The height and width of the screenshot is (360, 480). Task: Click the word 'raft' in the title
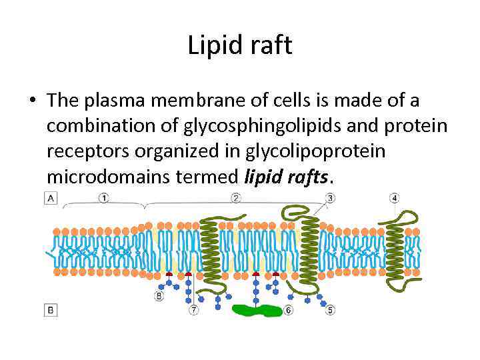[271, 46]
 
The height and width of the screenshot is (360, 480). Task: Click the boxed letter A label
[49, 198]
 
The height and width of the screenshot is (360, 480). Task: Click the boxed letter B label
[49, 310]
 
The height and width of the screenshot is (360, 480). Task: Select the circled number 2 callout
[235, 198]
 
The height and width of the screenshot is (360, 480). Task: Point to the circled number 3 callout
[330, 198]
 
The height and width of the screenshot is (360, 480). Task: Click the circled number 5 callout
[329, 310]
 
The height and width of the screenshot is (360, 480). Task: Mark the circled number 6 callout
[287, 310]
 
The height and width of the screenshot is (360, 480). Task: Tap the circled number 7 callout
[193, 310]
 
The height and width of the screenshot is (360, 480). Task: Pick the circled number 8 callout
[159, 296]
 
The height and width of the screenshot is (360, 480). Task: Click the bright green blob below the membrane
[257, 310]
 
